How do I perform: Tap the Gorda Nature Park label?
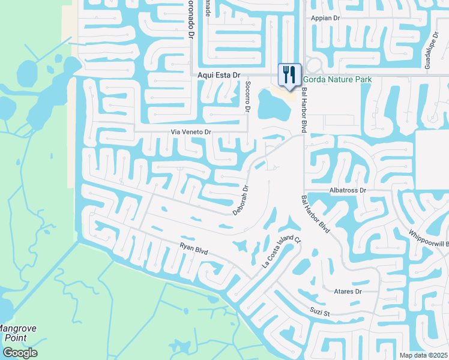click(337, 80)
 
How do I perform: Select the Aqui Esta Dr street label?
click(219, 76)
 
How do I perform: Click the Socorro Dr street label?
click(247, 97)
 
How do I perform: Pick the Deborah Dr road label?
click(241, 200)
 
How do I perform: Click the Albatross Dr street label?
click(348, 190)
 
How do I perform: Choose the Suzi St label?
click(320, 313)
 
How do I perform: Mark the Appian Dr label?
click(325, 19)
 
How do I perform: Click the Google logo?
click(19, 353)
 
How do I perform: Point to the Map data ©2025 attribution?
click(423, 355)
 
